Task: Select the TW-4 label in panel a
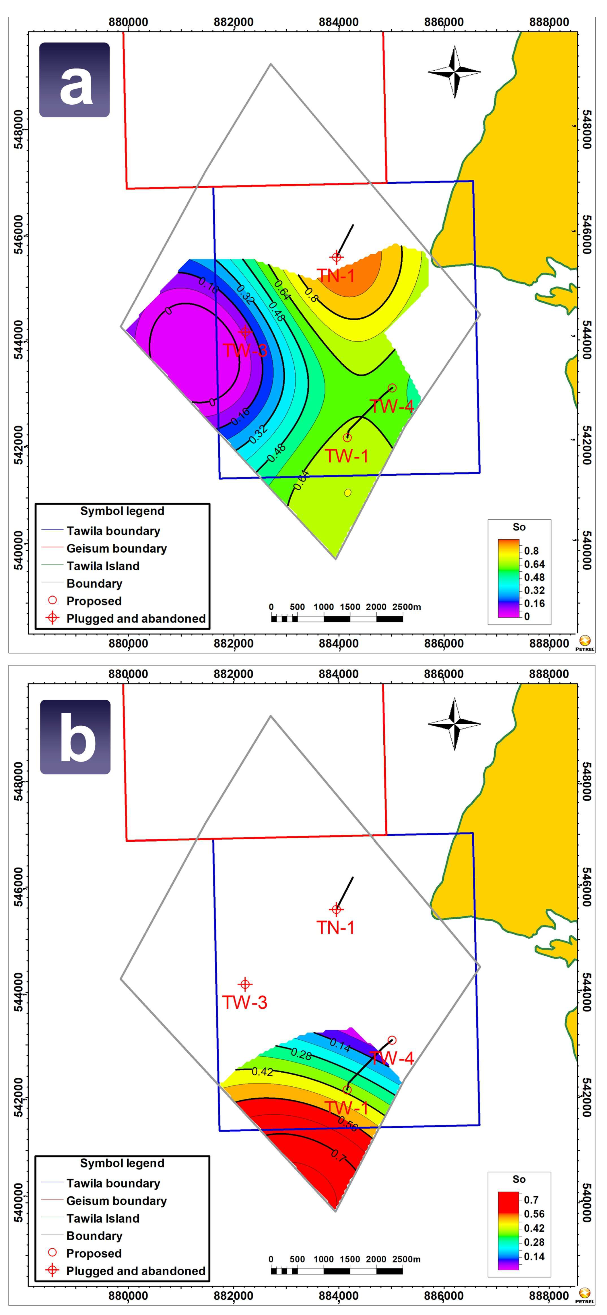click(x=391, y=406)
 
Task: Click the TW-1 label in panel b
click(x=346, y=1108)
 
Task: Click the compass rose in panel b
click(x=454, y=724)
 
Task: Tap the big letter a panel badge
click(x=74, y=80)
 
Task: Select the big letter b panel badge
click(x=75, y=737)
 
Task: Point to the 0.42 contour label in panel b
click(x=262, y=1071)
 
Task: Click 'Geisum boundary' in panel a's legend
click(x=116, y=548)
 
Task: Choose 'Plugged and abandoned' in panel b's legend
click(x=136, y=1271)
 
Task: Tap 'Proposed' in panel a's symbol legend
click(x=94, y=601)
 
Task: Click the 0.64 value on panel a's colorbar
click(x=534, y=564)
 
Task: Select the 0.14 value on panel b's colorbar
click(x=534, y=1256)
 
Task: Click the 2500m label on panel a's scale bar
click(x=407, y=607)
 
